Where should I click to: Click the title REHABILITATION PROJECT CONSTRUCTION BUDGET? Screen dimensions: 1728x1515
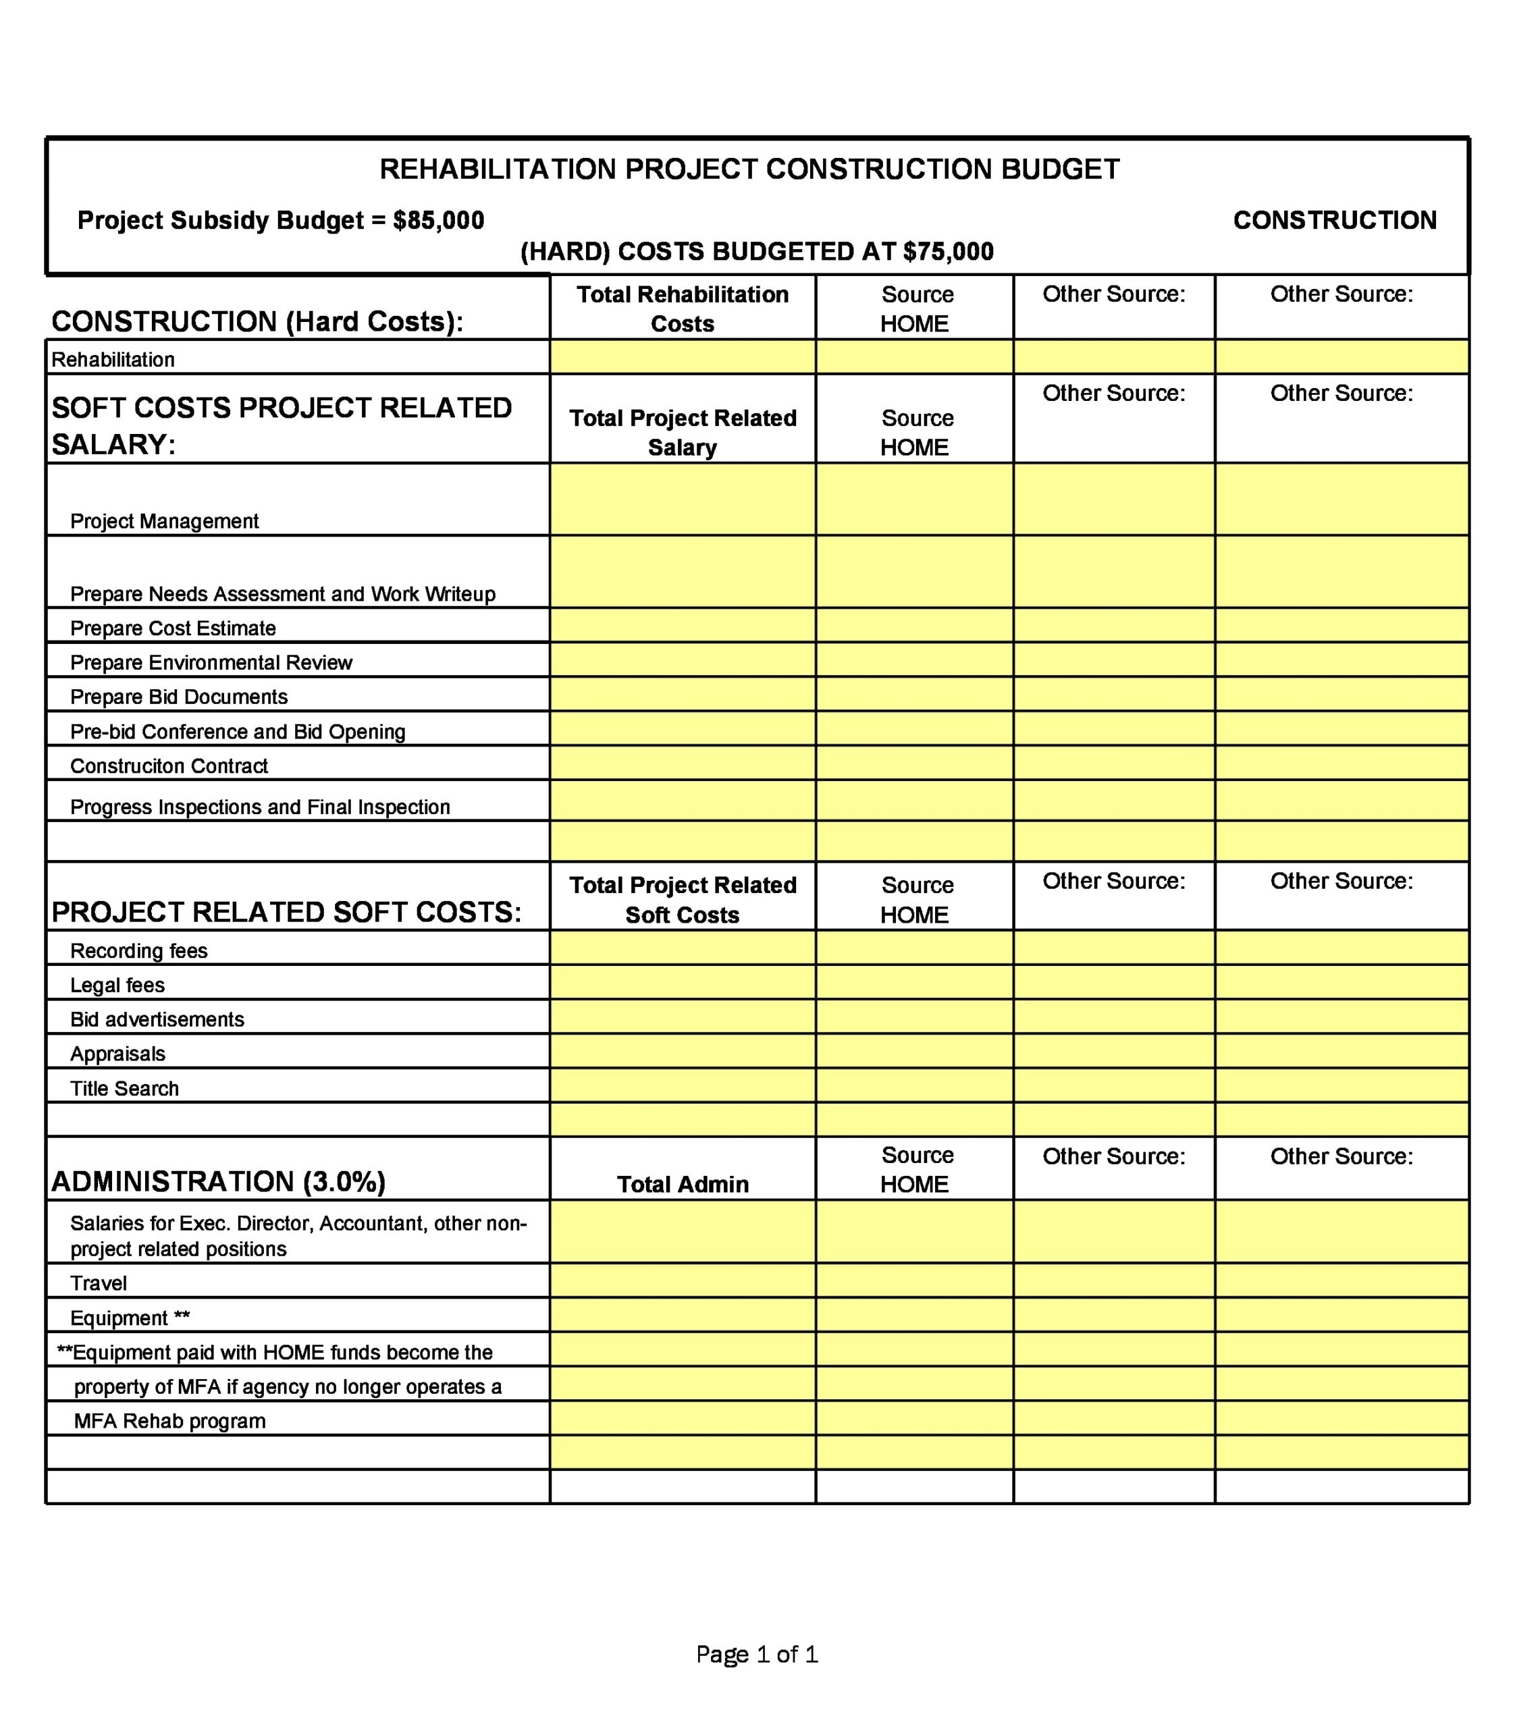pos(749,169)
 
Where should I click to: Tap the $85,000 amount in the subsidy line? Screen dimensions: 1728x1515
pos(438,221)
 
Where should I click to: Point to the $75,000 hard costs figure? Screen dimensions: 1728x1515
pos(948,252)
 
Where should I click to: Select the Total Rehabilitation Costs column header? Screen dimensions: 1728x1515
pos(683,308)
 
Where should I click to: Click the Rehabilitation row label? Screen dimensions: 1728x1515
pos(113,360)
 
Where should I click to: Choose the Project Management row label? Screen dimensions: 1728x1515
pos(164,522)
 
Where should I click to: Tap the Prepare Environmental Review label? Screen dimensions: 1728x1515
pos(211,663)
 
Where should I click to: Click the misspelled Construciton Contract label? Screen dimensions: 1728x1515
pos(168,766)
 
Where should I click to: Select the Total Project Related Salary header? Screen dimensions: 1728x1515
pos(683,432)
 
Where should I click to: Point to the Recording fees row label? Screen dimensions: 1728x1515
pos(138,951)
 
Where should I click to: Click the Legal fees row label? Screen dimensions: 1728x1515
pos(117,986)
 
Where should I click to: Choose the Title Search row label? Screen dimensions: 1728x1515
pos(124,1089)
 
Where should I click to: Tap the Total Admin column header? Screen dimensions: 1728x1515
pos(683,1185)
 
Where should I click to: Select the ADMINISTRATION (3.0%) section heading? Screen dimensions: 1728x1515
pos(218,1182)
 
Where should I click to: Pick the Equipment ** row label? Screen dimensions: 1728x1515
pos(130,1318)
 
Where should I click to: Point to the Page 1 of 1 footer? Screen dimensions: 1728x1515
pos(757,1654)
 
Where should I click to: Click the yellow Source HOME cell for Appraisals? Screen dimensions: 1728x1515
pos(914,1052)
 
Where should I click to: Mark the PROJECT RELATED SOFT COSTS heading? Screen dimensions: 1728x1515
pos(286,912)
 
